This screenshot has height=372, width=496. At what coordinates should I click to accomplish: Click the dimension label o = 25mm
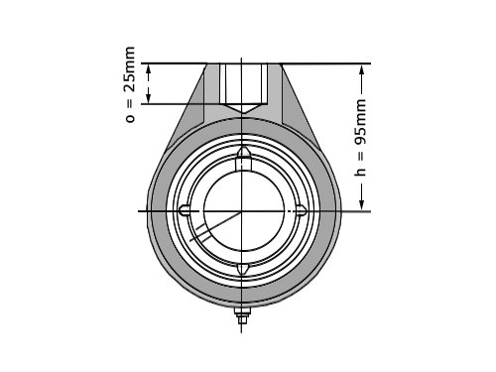coord(130,85)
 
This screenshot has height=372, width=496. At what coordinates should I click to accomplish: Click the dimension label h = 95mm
coord(360,138)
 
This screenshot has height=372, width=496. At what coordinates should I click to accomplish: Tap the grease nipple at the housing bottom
coord(242,316)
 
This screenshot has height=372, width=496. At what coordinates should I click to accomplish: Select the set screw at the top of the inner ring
coord(244,159)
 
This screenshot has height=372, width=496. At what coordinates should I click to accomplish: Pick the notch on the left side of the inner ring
coord(185,210)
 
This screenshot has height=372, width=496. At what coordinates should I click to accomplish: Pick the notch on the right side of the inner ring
coord(301,210)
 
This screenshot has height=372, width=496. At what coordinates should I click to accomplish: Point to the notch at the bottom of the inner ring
coord(243,269)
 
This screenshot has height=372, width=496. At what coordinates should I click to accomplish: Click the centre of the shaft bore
coord(244,211)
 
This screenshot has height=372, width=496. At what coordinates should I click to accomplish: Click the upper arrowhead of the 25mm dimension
coord(149,69)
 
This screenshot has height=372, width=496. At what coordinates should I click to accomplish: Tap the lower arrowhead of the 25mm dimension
coord(149,98)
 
